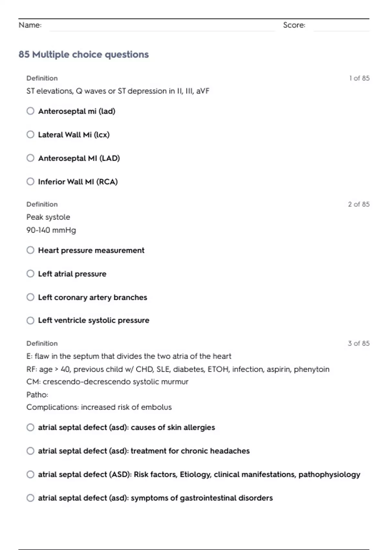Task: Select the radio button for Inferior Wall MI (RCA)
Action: [x=30, y=181]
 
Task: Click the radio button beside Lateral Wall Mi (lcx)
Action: [x=30, y=135]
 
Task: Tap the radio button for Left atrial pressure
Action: [x=30, y=274]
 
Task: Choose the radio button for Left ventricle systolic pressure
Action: [x=30, y=320]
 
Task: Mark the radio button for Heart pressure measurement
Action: [x=30, y=250]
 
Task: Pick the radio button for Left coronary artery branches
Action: [x=30, y=297]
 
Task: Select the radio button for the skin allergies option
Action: [x=30, y=427]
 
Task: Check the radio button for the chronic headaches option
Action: [x=30, y=451]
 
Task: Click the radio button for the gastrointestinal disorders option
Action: [x=30, y=498]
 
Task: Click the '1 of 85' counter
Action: [x=359, y=78]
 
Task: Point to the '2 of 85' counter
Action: [x=359, y=204]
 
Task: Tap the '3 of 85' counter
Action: [x=359, y=343]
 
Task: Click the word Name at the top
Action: [x=30, y=25]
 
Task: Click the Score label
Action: [x=294, y=25]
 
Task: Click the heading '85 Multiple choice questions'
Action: [x=83, y=54]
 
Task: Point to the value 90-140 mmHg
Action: [x=51, y=230]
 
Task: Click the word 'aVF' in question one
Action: [x=203, y=91]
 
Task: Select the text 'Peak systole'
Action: [x=48, y=217]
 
